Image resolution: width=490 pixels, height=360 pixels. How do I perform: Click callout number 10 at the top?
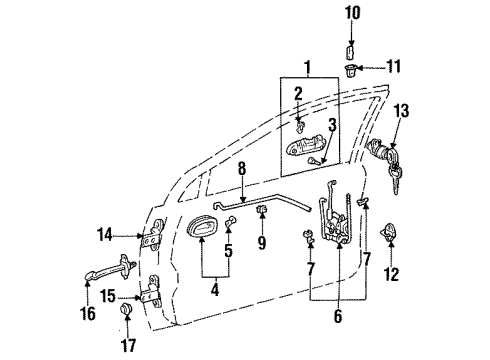pyautogui.click(x=351, y=13)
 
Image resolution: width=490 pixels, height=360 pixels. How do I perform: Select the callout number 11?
pyautogui.click(x=393, y=68)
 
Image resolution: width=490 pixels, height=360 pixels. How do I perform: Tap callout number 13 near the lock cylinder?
pyautogui.click(x=401, y=113)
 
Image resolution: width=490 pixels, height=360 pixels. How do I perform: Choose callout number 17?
pyautogui.click(x=127, y=347)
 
